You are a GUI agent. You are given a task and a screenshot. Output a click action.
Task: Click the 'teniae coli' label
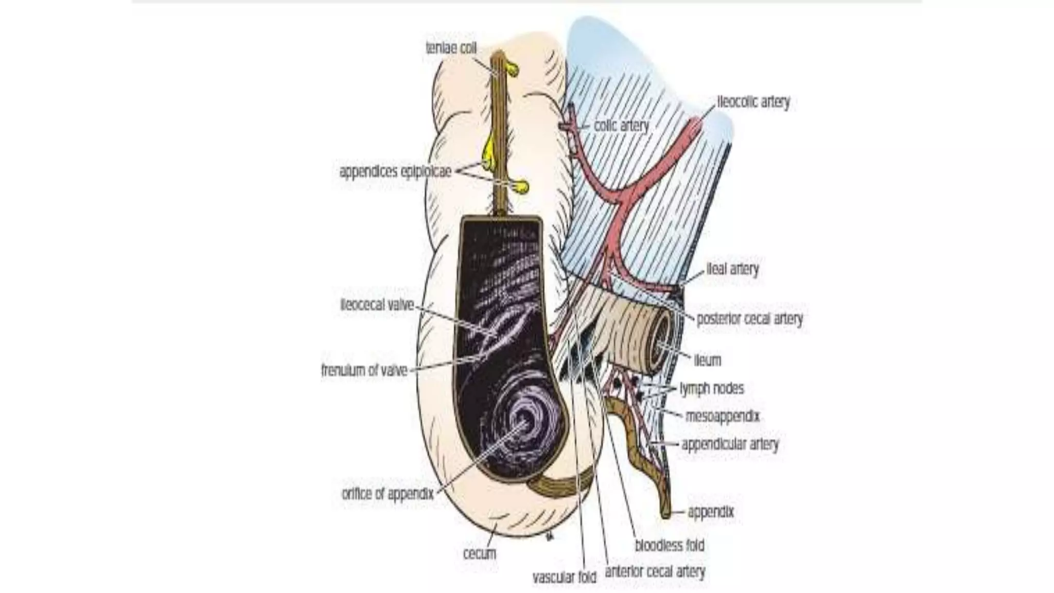click(x=451, y=48)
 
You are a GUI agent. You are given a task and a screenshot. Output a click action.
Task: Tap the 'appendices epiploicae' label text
click(x=395, y=171)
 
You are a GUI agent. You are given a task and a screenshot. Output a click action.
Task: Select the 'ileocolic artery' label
click(x=753, y=102)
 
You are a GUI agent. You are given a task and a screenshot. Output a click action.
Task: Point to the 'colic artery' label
click(x=621, y=126)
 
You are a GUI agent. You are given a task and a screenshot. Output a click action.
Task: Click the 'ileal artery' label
click(x=732, y=269)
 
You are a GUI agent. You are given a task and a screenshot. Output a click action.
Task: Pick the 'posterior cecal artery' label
click(x=749, y=319)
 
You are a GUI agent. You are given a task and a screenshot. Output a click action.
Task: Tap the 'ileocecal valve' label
click(x=377, y=305)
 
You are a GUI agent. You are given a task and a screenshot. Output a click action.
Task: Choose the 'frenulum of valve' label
click(x=364, y=370)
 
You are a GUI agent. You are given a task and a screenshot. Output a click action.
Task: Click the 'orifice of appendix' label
click(x=388, y=494)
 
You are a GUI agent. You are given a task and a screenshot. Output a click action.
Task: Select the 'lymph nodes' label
click(x=712, y=388)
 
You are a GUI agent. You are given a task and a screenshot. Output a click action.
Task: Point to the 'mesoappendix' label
click(x=722, y=416)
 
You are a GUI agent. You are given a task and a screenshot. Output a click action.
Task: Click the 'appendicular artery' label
click(x=730, y=444)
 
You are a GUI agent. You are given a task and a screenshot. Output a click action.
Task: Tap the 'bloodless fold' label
click(x=669, y=545)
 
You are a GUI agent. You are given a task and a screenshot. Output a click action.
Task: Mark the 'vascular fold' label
click(x=564, y=578)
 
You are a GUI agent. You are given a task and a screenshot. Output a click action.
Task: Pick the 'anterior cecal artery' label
click(x=655, y=571)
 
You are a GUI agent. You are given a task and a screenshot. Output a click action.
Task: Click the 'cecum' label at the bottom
click(x=480, y=554)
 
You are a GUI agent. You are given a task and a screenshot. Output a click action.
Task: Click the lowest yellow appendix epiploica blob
click(x=522, y=186)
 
